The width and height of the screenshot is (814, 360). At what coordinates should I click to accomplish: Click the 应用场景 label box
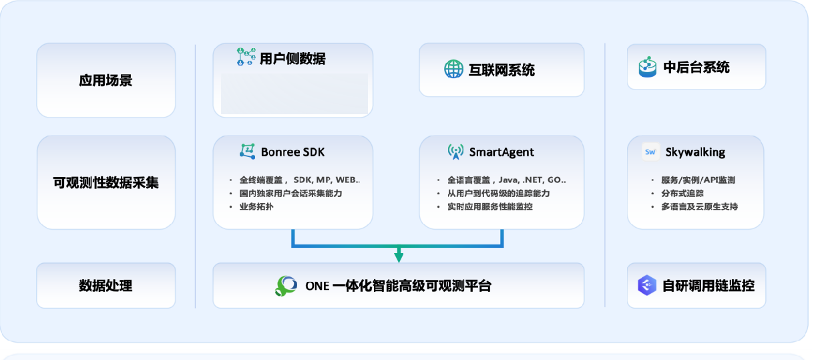(x=106, y=81)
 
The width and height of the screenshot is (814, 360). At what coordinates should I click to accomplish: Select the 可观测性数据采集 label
(x=106, y=182)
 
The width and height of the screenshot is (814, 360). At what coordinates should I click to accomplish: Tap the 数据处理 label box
(x=106, y=286)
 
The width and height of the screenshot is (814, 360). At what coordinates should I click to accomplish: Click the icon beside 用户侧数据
(x=246, y=57)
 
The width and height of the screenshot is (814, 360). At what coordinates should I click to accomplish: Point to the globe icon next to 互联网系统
(x=453, y=69)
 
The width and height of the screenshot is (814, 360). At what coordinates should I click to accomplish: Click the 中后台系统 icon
(x=647, y=67)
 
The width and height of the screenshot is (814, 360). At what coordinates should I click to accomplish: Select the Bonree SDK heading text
(x=292, y=152)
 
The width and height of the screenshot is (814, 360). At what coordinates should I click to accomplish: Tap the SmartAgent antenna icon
(x=455, y=152)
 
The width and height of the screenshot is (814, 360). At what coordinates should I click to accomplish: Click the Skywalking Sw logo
(x=650, y=152)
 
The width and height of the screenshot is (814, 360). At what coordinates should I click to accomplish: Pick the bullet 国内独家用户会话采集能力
(x=295, y=193)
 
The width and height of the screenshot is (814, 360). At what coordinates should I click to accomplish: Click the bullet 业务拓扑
(x=256, y=206)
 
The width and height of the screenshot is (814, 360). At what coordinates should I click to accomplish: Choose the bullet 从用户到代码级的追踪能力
(x=499, y=193)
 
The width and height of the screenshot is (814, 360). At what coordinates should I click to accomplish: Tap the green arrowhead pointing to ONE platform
(x=399, y=256)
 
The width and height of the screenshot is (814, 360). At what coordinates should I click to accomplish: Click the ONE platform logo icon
(x=286, y=286)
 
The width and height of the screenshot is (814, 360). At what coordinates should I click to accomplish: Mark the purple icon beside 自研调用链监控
(x=647, y=286)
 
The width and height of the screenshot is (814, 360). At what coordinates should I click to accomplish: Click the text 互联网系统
(x=501, y=70)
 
